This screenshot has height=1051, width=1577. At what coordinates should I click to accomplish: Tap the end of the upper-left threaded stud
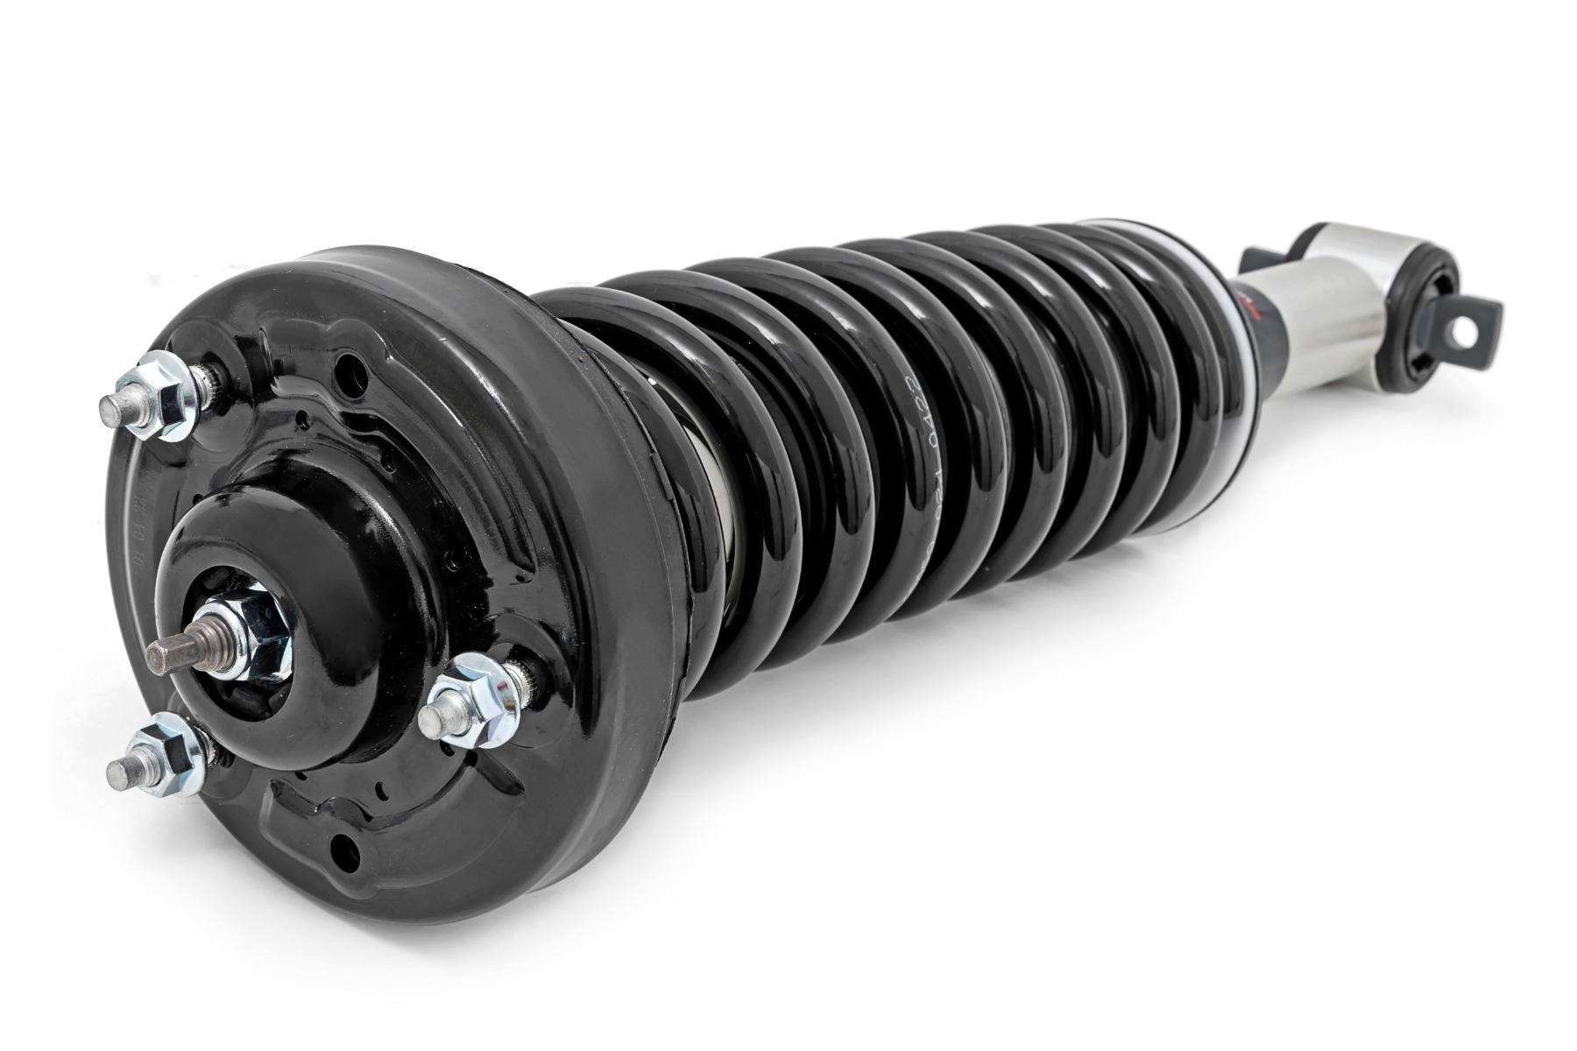112,406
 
